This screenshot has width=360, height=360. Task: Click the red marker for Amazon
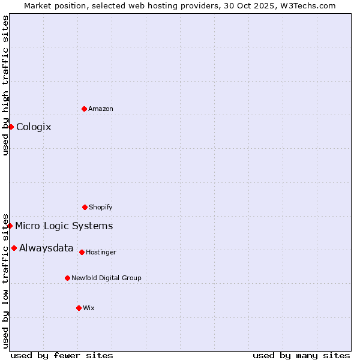(84, 109)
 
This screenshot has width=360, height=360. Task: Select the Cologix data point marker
(11, 127)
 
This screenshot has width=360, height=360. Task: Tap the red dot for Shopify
(85, 207)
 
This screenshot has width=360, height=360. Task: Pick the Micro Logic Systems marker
(10, 226)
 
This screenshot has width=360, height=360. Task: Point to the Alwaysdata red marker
(14, 248)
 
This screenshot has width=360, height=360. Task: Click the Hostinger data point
(82, 252)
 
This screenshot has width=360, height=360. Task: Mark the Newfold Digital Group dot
(67, 278)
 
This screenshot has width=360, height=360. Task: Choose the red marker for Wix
(79, 308)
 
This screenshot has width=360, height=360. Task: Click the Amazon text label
(101, 109)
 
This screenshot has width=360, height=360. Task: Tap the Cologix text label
(34, 127)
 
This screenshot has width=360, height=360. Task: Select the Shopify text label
(101, 207)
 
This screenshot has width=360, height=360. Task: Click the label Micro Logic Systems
(64, 226)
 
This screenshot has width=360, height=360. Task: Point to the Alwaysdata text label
(46, 248)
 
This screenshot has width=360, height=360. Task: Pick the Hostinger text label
(101, 252)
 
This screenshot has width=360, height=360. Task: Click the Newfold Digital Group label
(106, 278)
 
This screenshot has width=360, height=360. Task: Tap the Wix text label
(89, 308)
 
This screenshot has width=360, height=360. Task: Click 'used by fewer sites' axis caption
(62, 355)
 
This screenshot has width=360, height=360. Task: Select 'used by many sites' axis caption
(301, 355)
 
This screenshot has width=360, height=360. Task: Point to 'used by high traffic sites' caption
(5, 85)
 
